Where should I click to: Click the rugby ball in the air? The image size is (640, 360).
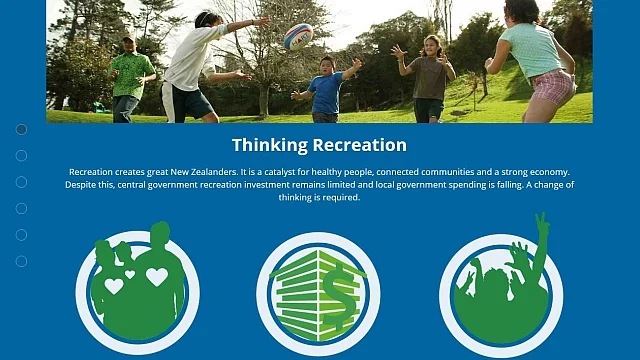click(x=298, y=36)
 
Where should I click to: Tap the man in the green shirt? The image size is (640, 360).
click(x=130, y=76)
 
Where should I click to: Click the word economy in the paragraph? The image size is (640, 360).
click(x=549, y=172)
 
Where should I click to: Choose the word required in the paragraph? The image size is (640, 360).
click(x=340, y=198)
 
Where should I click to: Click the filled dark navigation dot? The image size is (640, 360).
click(x=21, y=129)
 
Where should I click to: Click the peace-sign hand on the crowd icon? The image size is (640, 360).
click(x=541, y=230)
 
